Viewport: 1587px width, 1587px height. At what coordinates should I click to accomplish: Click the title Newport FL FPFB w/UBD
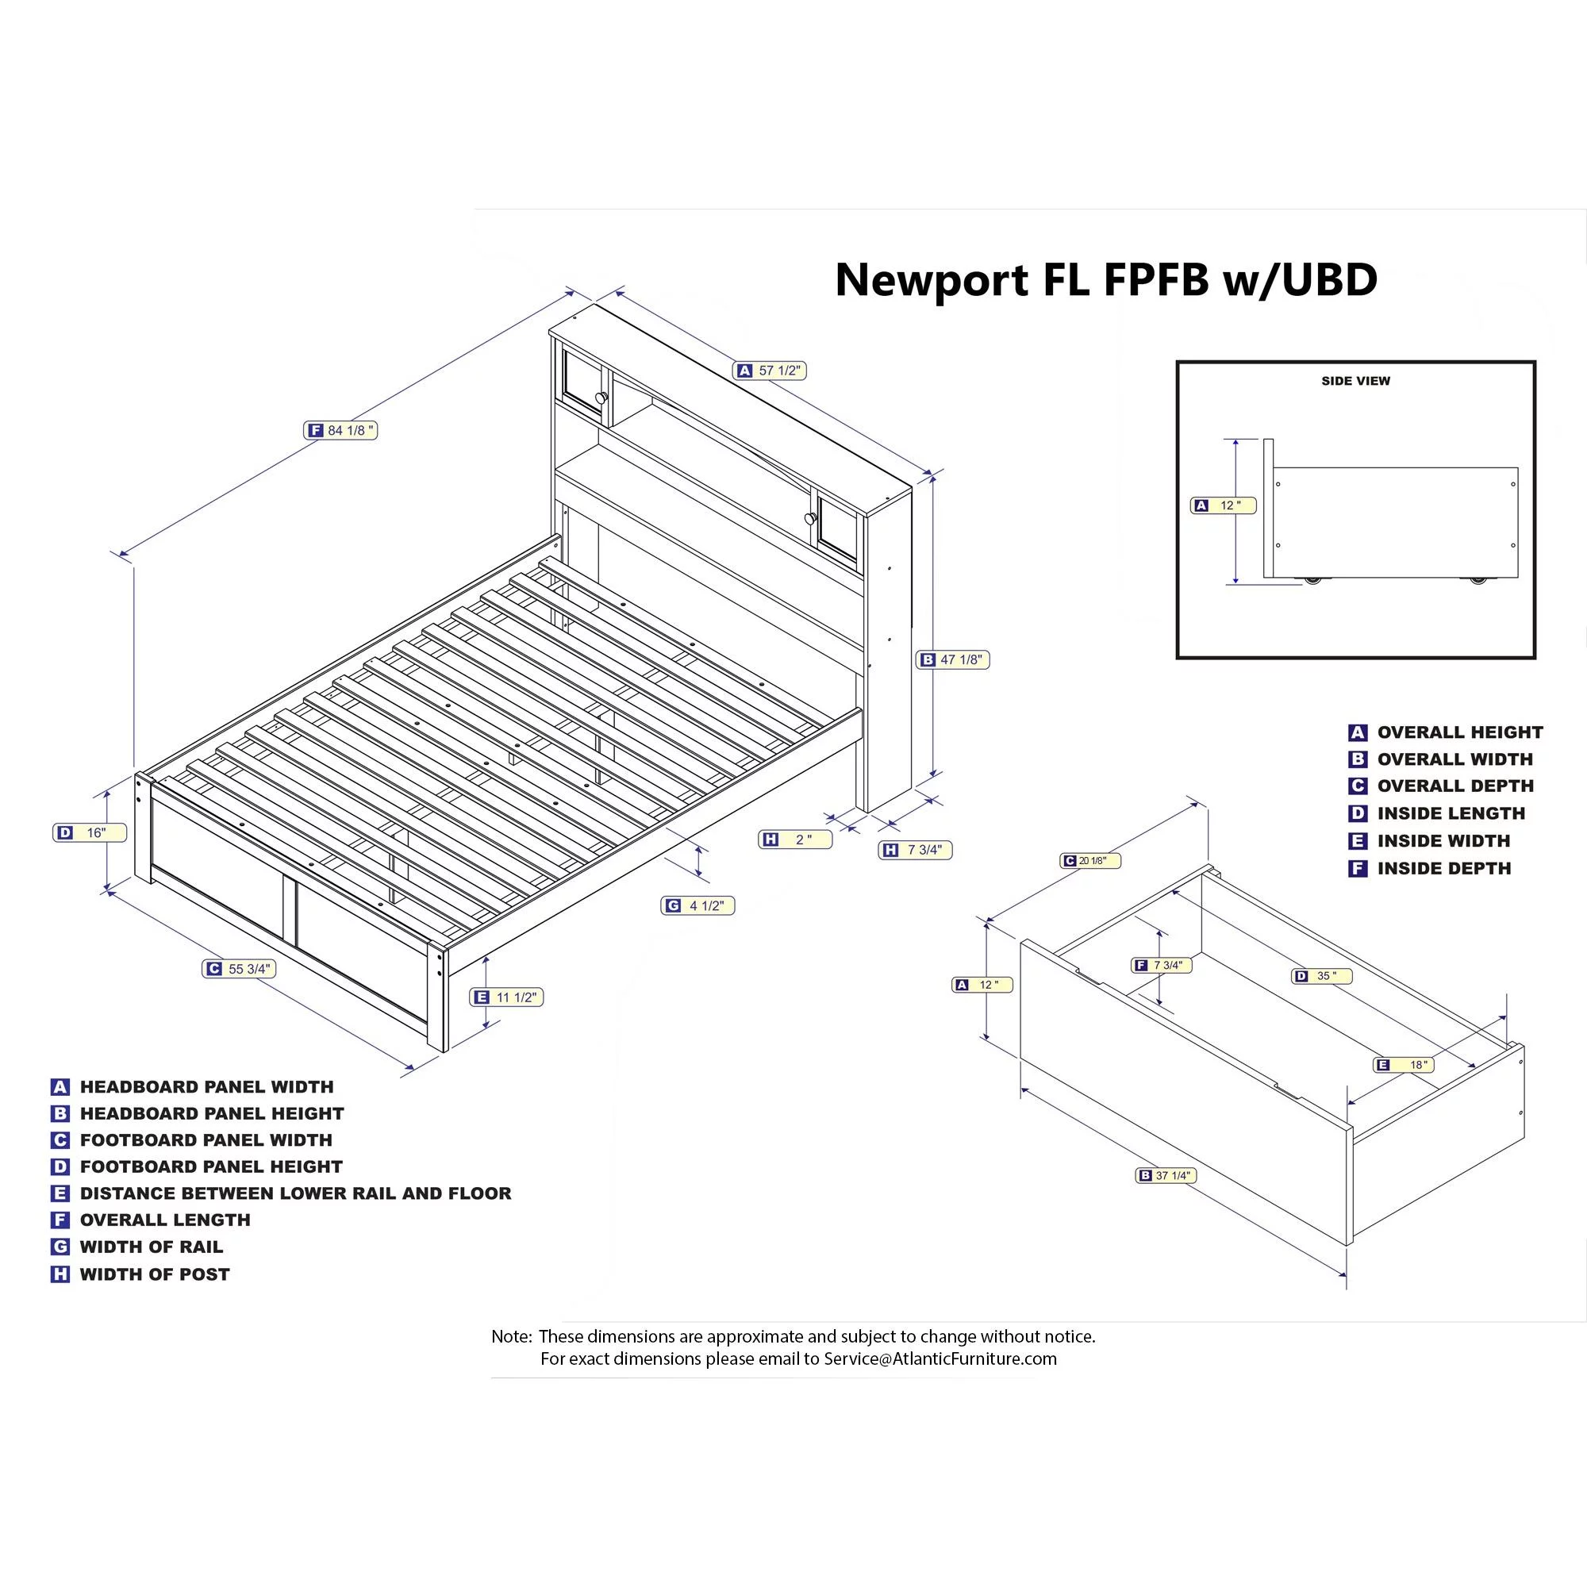pyautogui.click(x=1105, y=280)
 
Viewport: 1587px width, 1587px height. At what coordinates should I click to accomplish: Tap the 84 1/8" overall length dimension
pyautogui.click(x=341, y=430)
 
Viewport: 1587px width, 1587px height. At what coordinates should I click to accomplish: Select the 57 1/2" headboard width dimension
pyautogui.click(x=770, y=371)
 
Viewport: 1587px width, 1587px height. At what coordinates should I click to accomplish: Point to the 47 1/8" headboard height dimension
pyautogui.click(x=953, y=659)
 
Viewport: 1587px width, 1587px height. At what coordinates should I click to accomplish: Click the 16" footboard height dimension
pyautogui.click(x=90, y=833)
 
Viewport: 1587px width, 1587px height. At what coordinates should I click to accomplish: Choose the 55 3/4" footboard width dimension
pyautogui.click(x=239, y=970)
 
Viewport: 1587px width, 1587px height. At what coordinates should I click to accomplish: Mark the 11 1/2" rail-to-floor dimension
pyautogui.click(x=507, y=997)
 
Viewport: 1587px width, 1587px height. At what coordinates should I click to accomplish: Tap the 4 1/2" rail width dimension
pyautogui.click(x=697, y=906)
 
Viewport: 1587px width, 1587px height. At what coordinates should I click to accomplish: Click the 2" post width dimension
pyautogui.click(x=794, y=840)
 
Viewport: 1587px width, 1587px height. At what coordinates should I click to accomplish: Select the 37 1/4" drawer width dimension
pyautogui.click(x=1166, y=1175)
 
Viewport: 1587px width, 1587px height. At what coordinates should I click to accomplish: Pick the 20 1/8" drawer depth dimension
pyautogui.click(x=1091, y=861)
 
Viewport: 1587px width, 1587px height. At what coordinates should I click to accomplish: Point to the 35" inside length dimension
pyautogui.click(x=1322, y=977)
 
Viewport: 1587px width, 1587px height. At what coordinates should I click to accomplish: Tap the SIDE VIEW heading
pyautogui.click(x=1355, y=381)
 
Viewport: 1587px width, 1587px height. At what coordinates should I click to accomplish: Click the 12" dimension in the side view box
pyautogui.click(x=1222, y=506)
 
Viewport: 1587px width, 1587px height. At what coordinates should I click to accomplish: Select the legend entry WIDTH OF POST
pyautogui.click(x=155, y=1275)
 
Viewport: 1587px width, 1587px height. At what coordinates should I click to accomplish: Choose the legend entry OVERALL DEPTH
pyautogui.click(x=1454, y=786)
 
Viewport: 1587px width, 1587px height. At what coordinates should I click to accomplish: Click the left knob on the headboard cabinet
pyautogui.click(x=601, y=398)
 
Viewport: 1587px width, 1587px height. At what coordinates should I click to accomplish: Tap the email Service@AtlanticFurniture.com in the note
pyautogui.click(x=940, y=1359)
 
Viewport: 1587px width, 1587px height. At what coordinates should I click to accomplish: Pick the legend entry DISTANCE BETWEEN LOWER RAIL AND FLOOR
pyautogui.click(x=295, y=1193)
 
